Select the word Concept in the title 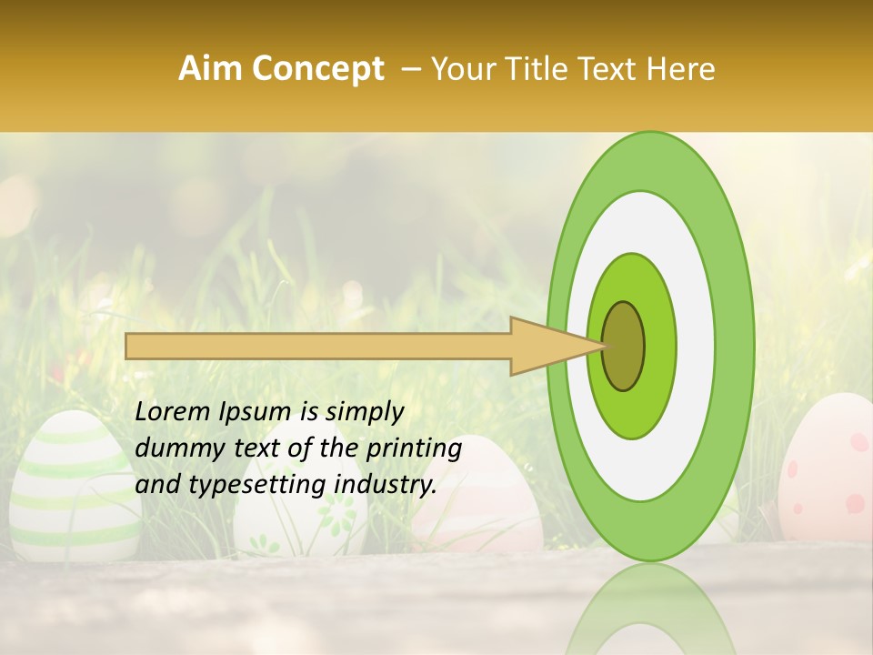point(317,69)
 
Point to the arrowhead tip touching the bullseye point(604,346)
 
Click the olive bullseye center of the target point(625,347)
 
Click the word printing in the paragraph point(414,449)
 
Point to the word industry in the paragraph point(386,485)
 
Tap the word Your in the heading point(461,69)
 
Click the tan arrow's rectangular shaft point(318,346)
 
